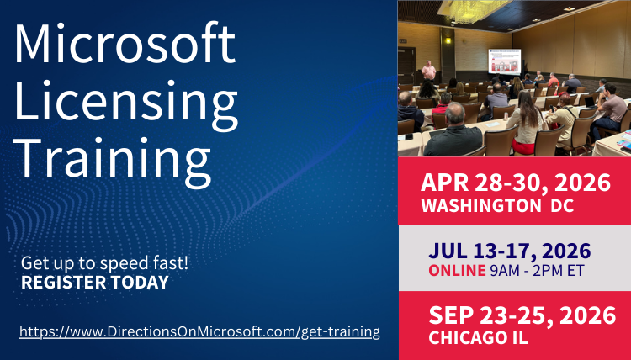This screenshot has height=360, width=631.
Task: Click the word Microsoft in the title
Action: (x=125, y=44)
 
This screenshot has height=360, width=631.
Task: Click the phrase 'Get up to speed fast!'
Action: (x=105, y=262)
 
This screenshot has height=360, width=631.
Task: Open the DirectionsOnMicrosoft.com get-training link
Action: (x=199, y=331)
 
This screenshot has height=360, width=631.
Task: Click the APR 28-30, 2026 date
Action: (x=515, y=184)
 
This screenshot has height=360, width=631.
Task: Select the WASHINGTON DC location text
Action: (x=497, y=205)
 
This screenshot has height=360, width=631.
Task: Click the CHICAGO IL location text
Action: (x=478, y=338)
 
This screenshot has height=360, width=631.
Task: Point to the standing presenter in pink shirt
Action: (x=429, y=71)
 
